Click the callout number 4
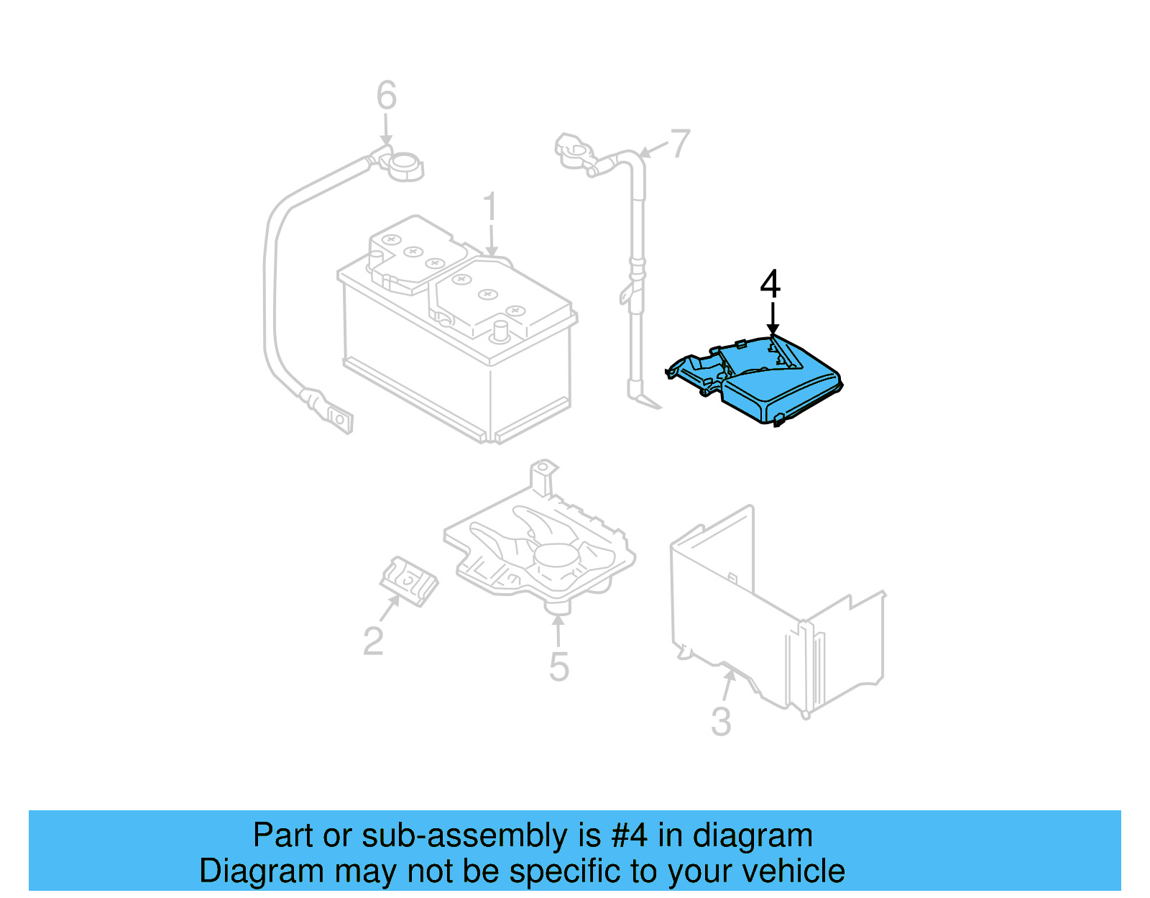pyautogui.click(x=770, y=284)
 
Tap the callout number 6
pyautogui.click(x=387, y=96)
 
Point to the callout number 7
pyautogui.click(x=680, y=143)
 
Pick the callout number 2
pyautogui.click(x=373, y=641)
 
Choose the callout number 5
pyautogui.click(x=558, y=666)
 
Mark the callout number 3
pyautogui.click(x=721, y=721)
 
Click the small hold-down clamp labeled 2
pyautogui.click(x=408, y=579)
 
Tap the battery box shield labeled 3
pyautogui.click(x=776, y=618)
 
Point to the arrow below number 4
pyautogui.click(x=773, y=317)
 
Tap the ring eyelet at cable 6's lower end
pyautogui.click(x=338, y=418)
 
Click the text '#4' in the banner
pyautogui.click(x=630, y=835)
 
